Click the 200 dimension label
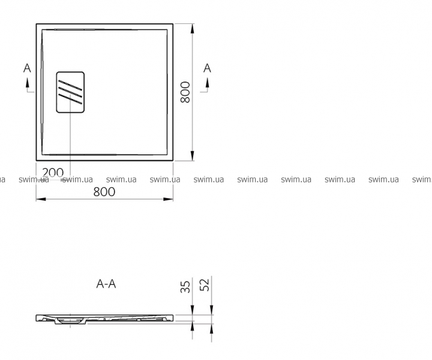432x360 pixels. click(x=53, y=173)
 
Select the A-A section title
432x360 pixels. click(x=106, y=284)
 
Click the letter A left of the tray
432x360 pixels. click(x=27, y=68)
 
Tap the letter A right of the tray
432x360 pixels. click(x=207, y=68)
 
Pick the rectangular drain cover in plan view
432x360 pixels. click(x=70, y=92)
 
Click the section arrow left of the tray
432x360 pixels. click(x=28, y=85)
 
